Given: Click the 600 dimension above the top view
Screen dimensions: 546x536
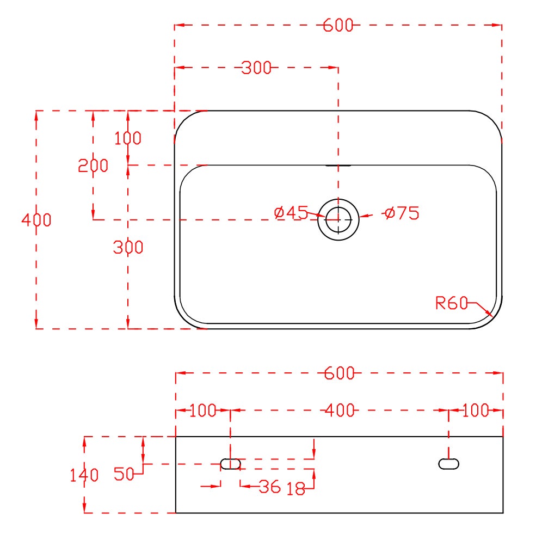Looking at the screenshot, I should click(x=338, y=25).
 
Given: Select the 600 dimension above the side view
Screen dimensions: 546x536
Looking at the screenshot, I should click(x=339, y=373).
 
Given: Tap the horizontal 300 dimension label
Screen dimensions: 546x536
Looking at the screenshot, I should click(x=256, y=68).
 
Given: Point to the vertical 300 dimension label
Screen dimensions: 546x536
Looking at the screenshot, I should click(x=128, y=247).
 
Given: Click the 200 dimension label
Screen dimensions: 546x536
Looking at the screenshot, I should click(x=93, y=165).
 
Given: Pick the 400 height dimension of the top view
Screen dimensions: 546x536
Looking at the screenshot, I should click(x=36, y=220).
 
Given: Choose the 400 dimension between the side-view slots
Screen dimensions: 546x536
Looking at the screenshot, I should click(x=339, y=410).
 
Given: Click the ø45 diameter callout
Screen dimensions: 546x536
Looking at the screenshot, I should click(x=292, y=213).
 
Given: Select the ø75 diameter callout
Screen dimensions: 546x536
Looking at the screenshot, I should click(x=402, y=213).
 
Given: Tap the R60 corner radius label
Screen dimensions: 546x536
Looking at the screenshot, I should click(x=452, y=303).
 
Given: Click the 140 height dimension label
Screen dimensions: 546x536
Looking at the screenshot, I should click(x=84, y=475).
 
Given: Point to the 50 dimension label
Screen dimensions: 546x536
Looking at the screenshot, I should click(x=124, y=474).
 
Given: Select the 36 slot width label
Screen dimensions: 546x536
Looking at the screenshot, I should click(x=269, y=487).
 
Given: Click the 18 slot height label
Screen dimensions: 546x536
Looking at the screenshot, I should click(x=295, y=489).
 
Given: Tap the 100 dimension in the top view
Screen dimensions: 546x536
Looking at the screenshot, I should click(x=128, y=138).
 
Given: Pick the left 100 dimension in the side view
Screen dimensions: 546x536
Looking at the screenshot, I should click(x=203, y=410).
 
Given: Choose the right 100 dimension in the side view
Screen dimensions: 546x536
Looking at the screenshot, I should click(x=476, y=410).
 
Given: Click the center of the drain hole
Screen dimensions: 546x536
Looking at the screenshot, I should click(x=338, y=219).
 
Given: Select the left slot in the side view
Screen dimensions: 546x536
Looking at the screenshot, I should click(x=231, y=464).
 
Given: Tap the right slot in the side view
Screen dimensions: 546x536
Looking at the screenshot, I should click(x=448, y=464).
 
